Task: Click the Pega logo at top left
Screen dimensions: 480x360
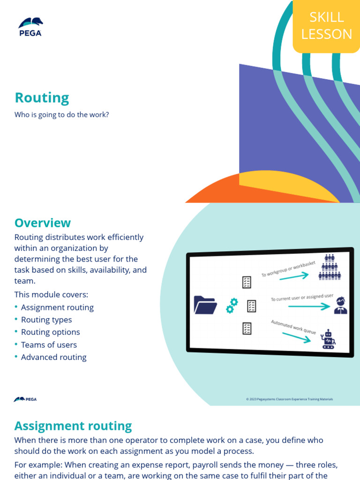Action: [30, 27]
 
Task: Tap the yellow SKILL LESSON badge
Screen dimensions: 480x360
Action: [326, 26]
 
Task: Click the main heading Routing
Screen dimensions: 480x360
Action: [42, 98]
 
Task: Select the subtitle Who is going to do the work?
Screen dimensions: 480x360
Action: [61, 114]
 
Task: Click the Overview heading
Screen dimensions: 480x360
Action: [42, 223]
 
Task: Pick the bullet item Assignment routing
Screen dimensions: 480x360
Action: [57, 307]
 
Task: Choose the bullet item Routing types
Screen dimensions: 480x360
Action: [46, 320]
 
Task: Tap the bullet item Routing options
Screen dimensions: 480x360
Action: [50, 332]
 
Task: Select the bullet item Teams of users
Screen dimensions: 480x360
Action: [49, 345]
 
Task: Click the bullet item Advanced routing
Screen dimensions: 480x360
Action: [53, 357]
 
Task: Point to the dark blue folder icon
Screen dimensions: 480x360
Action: [205, 305]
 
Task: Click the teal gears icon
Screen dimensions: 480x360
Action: [232, 306]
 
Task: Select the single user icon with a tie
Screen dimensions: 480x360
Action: [340, 305]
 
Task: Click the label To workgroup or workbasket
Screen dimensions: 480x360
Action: [288, 269]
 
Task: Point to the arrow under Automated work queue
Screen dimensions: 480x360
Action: [296, 337]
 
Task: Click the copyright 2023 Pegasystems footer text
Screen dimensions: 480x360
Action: [289, 399]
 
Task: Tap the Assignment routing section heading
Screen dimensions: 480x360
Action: [73, 426]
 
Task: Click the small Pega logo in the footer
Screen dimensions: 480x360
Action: [25, 399]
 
